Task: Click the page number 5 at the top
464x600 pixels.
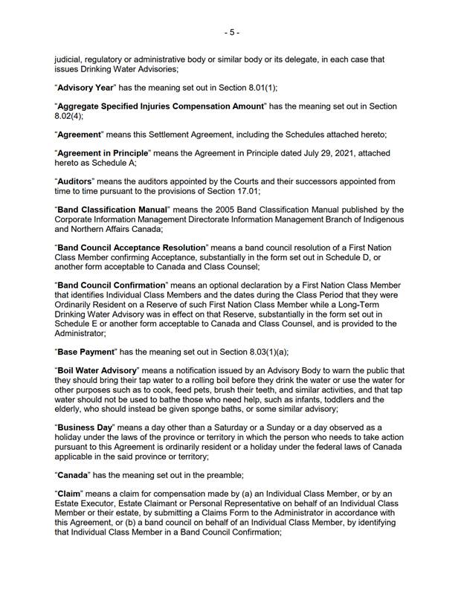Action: [x=232, y=33]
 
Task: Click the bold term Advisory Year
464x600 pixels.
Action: [x=88, y=88]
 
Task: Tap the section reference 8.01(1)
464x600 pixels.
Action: [x=258, y=88]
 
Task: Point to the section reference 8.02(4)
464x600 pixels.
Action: [x=68, y=117]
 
